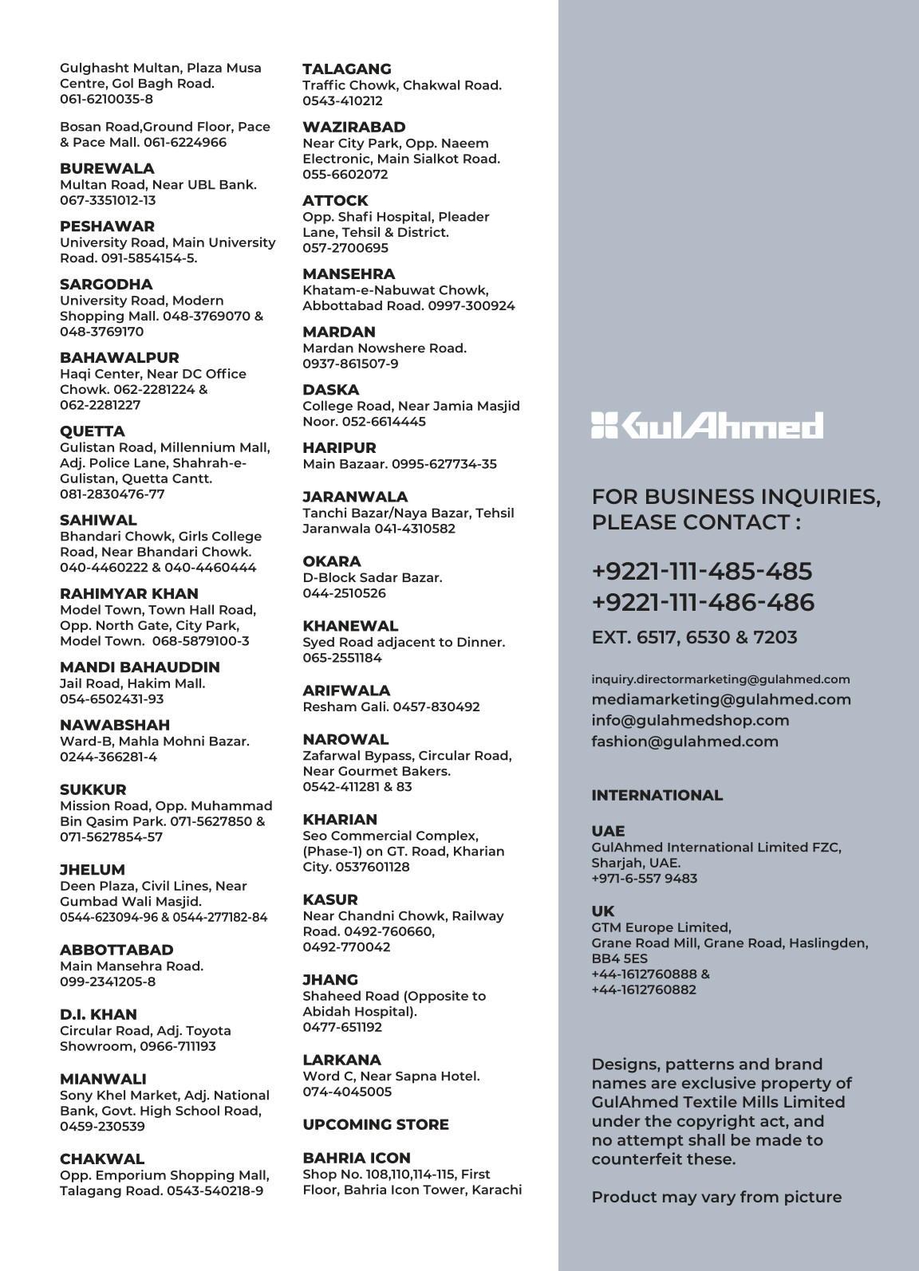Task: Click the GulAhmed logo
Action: tap(707, 426)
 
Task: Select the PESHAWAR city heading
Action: tap(107, 226)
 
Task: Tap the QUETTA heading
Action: tap(93, 431)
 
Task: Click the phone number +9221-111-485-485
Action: tap(702, 571)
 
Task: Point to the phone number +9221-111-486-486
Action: tap(703, 602)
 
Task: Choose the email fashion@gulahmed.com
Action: tap(684, 742)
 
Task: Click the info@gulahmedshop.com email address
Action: tap(690, 721)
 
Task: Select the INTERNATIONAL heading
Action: tap(657, 795)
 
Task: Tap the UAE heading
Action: tap(608, 831)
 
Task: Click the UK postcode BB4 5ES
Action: tap(620, 958)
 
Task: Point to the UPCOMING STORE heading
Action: tap(375, 1124)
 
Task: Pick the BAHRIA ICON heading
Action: tap(356, 1158)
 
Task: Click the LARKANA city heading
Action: tap(341, 1060)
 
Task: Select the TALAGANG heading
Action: tap(346, 69)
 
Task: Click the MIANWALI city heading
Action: tap(103, 1079)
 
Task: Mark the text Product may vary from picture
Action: tap(716, 1197)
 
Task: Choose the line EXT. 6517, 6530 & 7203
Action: tap(694, 637)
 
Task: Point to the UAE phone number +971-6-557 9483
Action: tap(644, 879)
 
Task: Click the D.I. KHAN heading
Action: tap(98, 1014)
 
